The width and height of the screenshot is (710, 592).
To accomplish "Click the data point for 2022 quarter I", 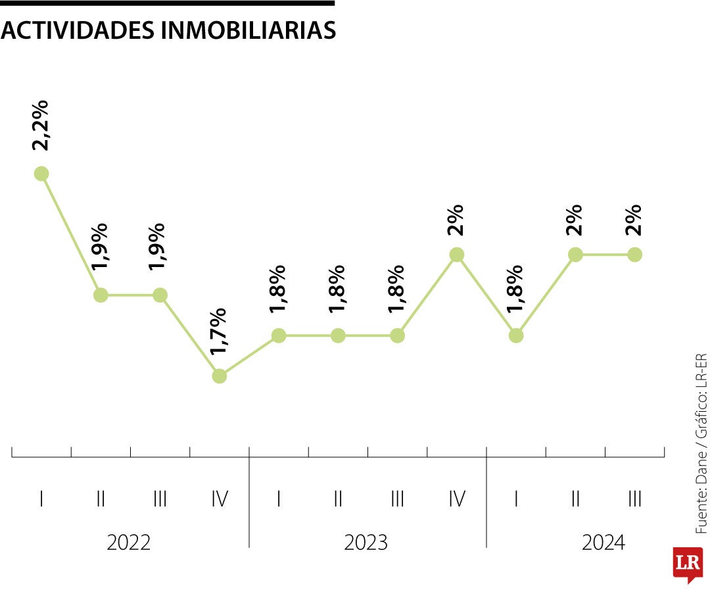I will coord(41,174).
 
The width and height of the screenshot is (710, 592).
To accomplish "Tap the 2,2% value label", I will coord(40,126).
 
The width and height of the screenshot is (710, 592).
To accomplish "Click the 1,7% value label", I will coord(219,332).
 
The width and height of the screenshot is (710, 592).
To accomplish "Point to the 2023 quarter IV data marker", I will coord(457,255).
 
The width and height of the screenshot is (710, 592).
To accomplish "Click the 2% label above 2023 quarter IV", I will coord(456,220).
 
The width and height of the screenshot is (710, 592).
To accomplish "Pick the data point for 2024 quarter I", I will coord(516,335).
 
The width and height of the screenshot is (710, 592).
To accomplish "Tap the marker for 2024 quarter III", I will coord(634,255).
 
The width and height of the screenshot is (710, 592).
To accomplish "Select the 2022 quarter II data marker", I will coord(101,295).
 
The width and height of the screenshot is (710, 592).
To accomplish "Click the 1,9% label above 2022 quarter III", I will coord(158,247).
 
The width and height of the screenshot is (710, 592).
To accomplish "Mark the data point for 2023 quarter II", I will coord(338,335).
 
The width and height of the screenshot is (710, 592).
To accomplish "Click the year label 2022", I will coord(129,543).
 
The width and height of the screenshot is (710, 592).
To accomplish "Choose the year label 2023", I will coord(366,543).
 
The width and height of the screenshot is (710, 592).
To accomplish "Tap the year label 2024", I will coord(603,543).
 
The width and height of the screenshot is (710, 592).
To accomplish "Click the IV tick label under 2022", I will coord(220,499).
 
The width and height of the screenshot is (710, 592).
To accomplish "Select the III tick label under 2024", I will coord(634,499).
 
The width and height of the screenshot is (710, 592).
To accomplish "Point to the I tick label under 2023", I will coord(279,499).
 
